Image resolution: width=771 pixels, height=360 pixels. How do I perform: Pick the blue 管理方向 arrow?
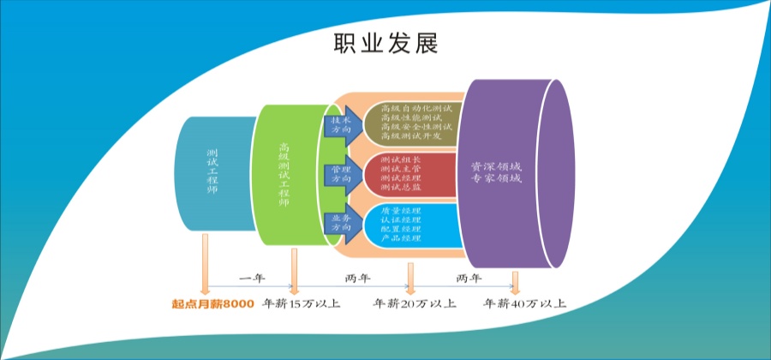click(x=342, y=175)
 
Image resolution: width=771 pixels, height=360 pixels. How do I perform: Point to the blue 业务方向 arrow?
click(x=342, y=225)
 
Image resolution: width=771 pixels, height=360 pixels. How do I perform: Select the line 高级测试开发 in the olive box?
click(x=410, y=137)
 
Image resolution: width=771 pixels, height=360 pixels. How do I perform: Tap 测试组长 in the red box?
click(x=400, y=160)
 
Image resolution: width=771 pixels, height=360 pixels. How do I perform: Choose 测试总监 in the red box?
click(x=400, y=189)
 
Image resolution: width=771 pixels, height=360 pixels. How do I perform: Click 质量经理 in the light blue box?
click(x=401, y=209)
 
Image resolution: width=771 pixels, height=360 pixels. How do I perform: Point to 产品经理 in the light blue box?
click(x=401, y=238)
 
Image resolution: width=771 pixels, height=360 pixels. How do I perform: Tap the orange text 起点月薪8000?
click(x=212, y=303)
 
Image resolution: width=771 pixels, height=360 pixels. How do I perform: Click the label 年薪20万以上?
click(x=415, y=303)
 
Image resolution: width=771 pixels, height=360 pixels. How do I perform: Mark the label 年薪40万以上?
click(x=524, y=303)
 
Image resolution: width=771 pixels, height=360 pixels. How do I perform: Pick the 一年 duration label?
click(x=251, y=279)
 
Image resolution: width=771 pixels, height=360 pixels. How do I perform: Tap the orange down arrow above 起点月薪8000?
click(x=206, y=266)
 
